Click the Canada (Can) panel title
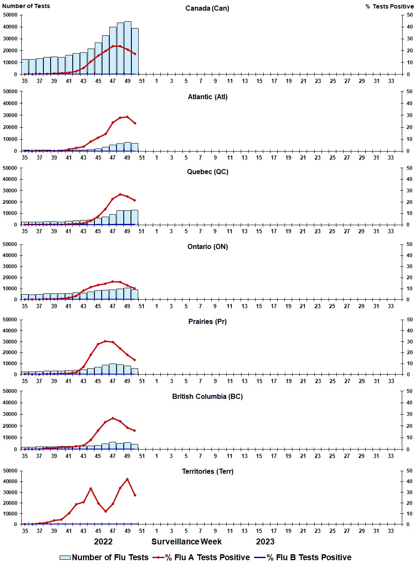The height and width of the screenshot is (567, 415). pyautogui.click(x=207, y=9)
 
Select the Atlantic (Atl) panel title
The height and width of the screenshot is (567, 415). pyautogui.click(x=207, y=97)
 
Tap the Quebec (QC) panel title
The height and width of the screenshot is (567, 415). pyautogui.click(x=207, y=172)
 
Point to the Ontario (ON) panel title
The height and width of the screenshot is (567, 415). pyautogui.click(x=207, y=247)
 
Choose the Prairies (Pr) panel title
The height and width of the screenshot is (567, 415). pyautogui.click(x=207, y=322)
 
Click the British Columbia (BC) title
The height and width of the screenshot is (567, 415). pyautogui.click(x=207, y=397)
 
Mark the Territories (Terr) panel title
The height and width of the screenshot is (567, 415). pyautogui.click(x=207, y=472)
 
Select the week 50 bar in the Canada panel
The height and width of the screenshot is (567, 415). pyautogui.click(x=135, y=51)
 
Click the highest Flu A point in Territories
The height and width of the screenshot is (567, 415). pyautogui.click(x=127, y=479)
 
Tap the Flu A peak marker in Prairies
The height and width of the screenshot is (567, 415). pyautogui.click(x=105, y=341)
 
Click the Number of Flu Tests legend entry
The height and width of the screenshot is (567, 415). pyautogui.click(x=104, y=558)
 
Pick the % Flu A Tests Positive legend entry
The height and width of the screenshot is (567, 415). pyautogui.click(x=202, y=558)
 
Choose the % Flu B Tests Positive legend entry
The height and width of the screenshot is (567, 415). pyautogui.click(x=303, y=558)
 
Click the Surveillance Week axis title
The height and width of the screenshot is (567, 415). pyautogui.click(x=187, y=542)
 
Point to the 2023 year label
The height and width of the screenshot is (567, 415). pyautogui.click(x=265, y=542)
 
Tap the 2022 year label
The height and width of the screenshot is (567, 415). pyautogui.click(x=103, y=542)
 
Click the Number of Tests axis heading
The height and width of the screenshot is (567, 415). pyautogui.click(x=26, y=6)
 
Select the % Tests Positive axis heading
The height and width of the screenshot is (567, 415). pyautogui.click(x=389, y=6)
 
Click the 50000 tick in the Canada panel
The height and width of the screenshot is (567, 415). pyautogui.click(x=10, y=15)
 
